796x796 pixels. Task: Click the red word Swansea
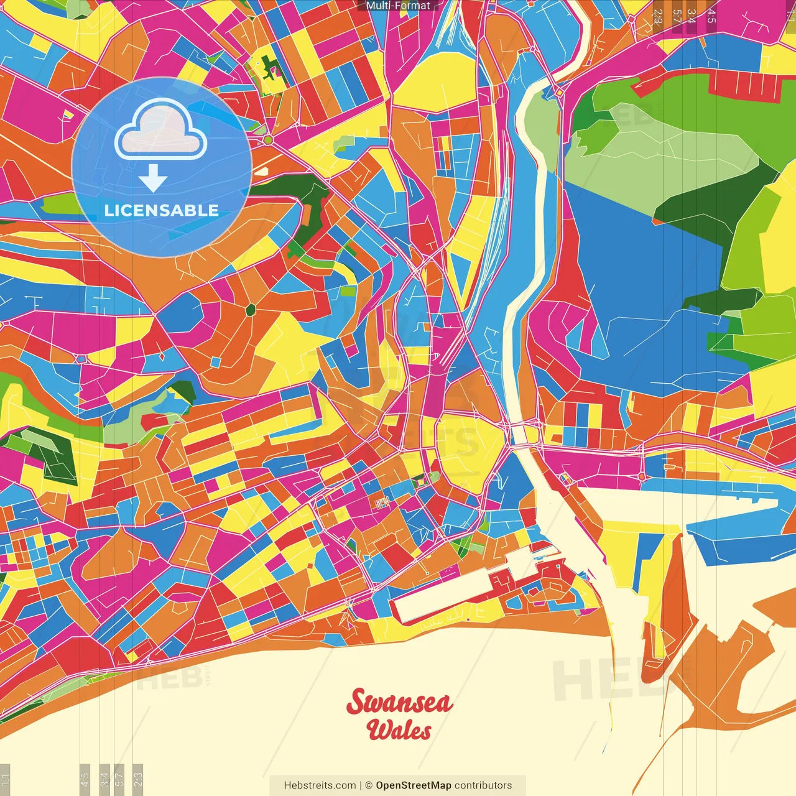[x=399, y=703]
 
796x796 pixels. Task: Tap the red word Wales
[x=399, y=730]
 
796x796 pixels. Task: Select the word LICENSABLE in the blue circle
[x=161, y=210]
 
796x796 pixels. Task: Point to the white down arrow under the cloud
[x=152, y=178]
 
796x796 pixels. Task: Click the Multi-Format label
[x=398, y=6]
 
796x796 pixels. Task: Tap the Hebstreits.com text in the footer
[x=320, y=785]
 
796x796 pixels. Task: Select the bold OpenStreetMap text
[x=414, y=785]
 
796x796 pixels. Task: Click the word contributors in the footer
[x=483, y=785]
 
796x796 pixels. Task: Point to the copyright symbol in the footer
[x=368, y=785]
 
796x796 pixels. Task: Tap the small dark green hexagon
[x=251, y=308]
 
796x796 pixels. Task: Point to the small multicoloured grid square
[x=380, y=502]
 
